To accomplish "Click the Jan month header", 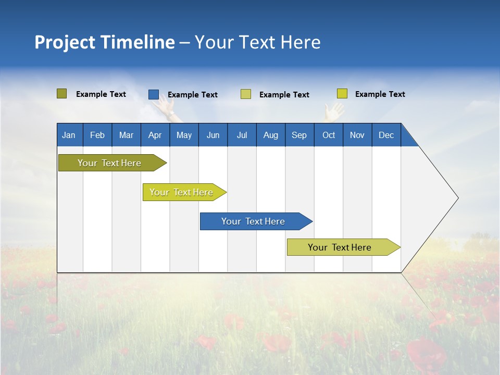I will [69, 135].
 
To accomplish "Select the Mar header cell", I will [126, 135].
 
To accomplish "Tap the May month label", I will [184, 135].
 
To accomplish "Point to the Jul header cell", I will [242, 135].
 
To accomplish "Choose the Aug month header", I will [270, 135].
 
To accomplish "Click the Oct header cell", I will [329, 135].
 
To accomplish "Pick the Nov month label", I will [357, 135].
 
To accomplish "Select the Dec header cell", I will [386, 135].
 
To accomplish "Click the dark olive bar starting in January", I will [109, 163].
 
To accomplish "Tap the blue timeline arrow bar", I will [254, 221].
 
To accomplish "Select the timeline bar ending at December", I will [340, 247].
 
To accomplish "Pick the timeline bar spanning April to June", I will [181, 192].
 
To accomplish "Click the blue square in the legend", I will [154, 94].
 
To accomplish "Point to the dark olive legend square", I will [61, 94].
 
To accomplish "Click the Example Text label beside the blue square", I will [193, 95].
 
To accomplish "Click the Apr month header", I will [155, 135].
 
